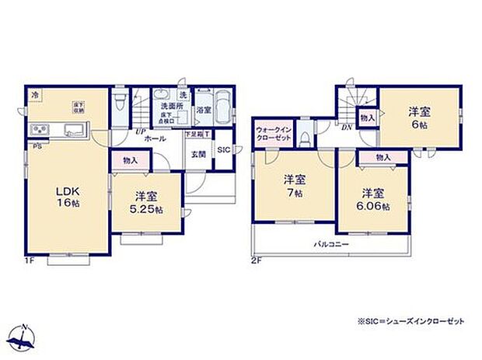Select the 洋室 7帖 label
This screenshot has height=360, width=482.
pyautogui.click(x=293, y=185)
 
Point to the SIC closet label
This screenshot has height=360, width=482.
pyautogui.click(x=222, y=150)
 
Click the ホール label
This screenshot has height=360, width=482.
pyautogui.click(x=154, y=138)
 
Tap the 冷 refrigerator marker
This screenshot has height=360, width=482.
pyautogui.click(x=35, y=94)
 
